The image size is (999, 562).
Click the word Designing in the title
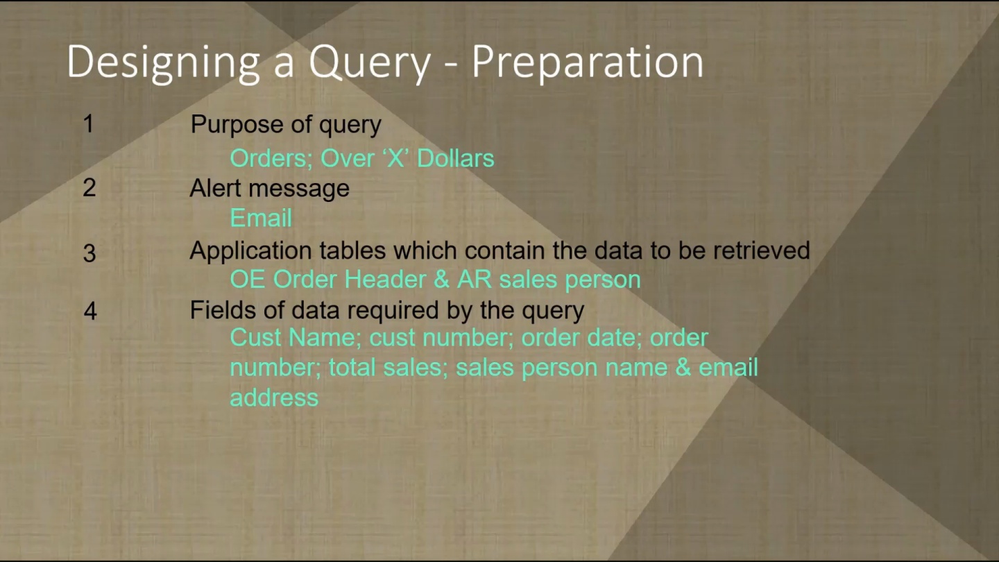(163, 63)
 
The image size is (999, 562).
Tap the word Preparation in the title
(588, 63)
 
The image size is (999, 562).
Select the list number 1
(88, 124)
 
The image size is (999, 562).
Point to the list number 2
(89, 188)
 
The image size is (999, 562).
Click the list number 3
(89, 253)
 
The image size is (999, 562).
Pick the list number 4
(90, 311)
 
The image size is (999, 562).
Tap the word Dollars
(455, 158)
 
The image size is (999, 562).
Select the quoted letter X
(395, 158)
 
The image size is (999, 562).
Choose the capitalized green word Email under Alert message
(261, 218)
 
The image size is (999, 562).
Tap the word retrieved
(761, 250)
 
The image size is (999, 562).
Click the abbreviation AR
(474, 280)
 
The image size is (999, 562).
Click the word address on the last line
(274, 398)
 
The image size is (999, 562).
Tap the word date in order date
(614, 338)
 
